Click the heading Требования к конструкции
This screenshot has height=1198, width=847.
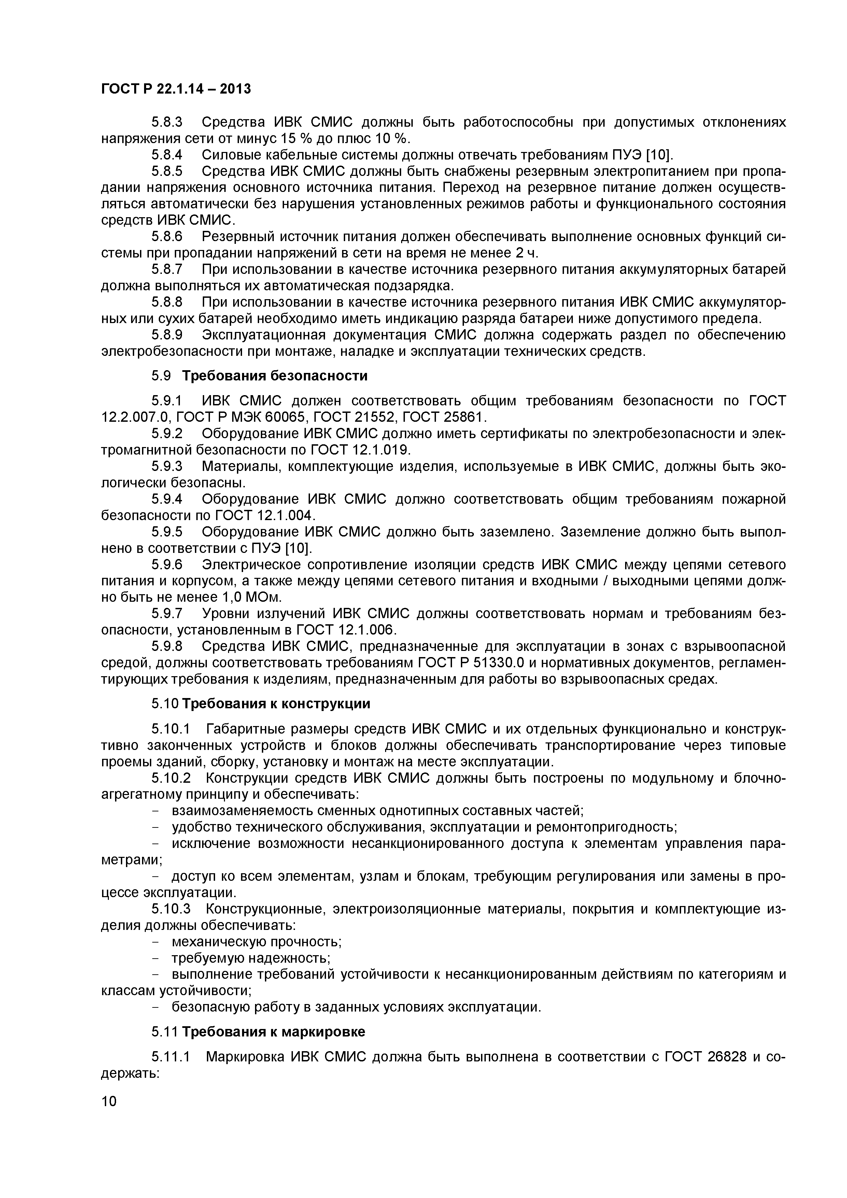click(x=277, y=704)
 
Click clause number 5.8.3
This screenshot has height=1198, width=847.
click(x=167, y=122)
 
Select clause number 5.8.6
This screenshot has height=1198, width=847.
click(x=167, y=237)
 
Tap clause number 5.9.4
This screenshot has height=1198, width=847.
click(x=167, y=499)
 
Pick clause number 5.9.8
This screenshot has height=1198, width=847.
click(x=167, y=646)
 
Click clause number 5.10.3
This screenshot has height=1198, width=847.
click(x=171, y=909)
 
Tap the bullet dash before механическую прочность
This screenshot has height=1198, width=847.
click(x=154, y=942)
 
